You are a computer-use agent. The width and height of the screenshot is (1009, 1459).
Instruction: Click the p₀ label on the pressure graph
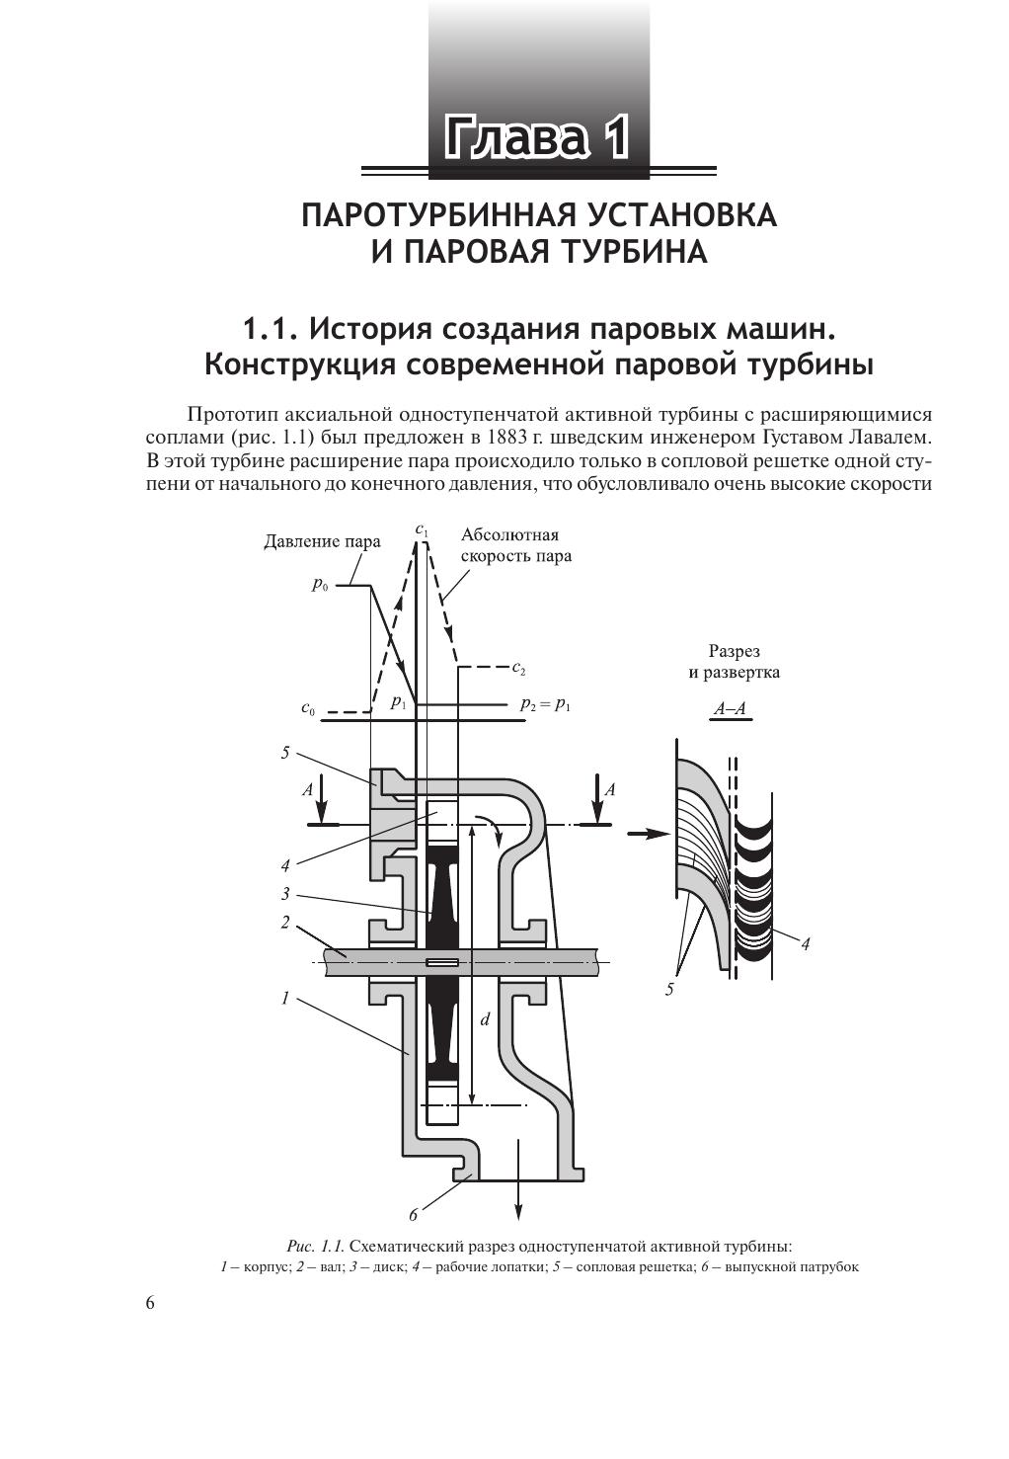coord(320,585)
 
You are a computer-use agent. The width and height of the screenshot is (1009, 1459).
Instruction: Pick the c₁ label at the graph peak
coord(422,530)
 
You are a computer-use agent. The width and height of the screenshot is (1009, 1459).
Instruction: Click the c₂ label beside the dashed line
coord(519,667)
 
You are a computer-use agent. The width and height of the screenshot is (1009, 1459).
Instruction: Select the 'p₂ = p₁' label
coord(545,705)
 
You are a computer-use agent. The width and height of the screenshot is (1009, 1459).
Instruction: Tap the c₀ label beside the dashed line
coord(309,709)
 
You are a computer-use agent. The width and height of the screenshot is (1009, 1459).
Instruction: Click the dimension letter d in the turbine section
coord(485,1018)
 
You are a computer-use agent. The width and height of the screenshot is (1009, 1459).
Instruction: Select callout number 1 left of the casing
coord(285,999)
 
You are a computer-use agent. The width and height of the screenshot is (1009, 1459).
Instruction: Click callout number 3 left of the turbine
coord(285,894)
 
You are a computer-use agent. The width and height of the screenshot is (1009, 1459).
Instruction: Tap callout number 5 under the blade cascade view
coord(669,989)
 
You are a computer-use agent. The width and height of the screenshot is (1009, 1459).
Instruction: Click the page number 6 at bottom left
coord(150,1303)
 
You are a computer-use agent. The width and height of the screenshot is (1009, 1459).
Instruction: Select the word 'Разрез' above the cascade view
coord(734,651)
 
